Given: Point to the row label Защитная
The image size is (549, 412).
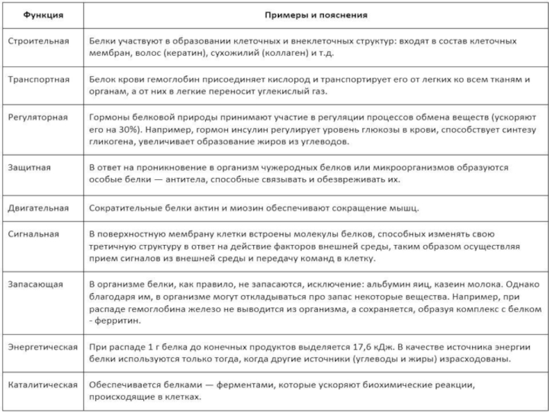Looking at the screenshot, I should click(29, 167).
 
